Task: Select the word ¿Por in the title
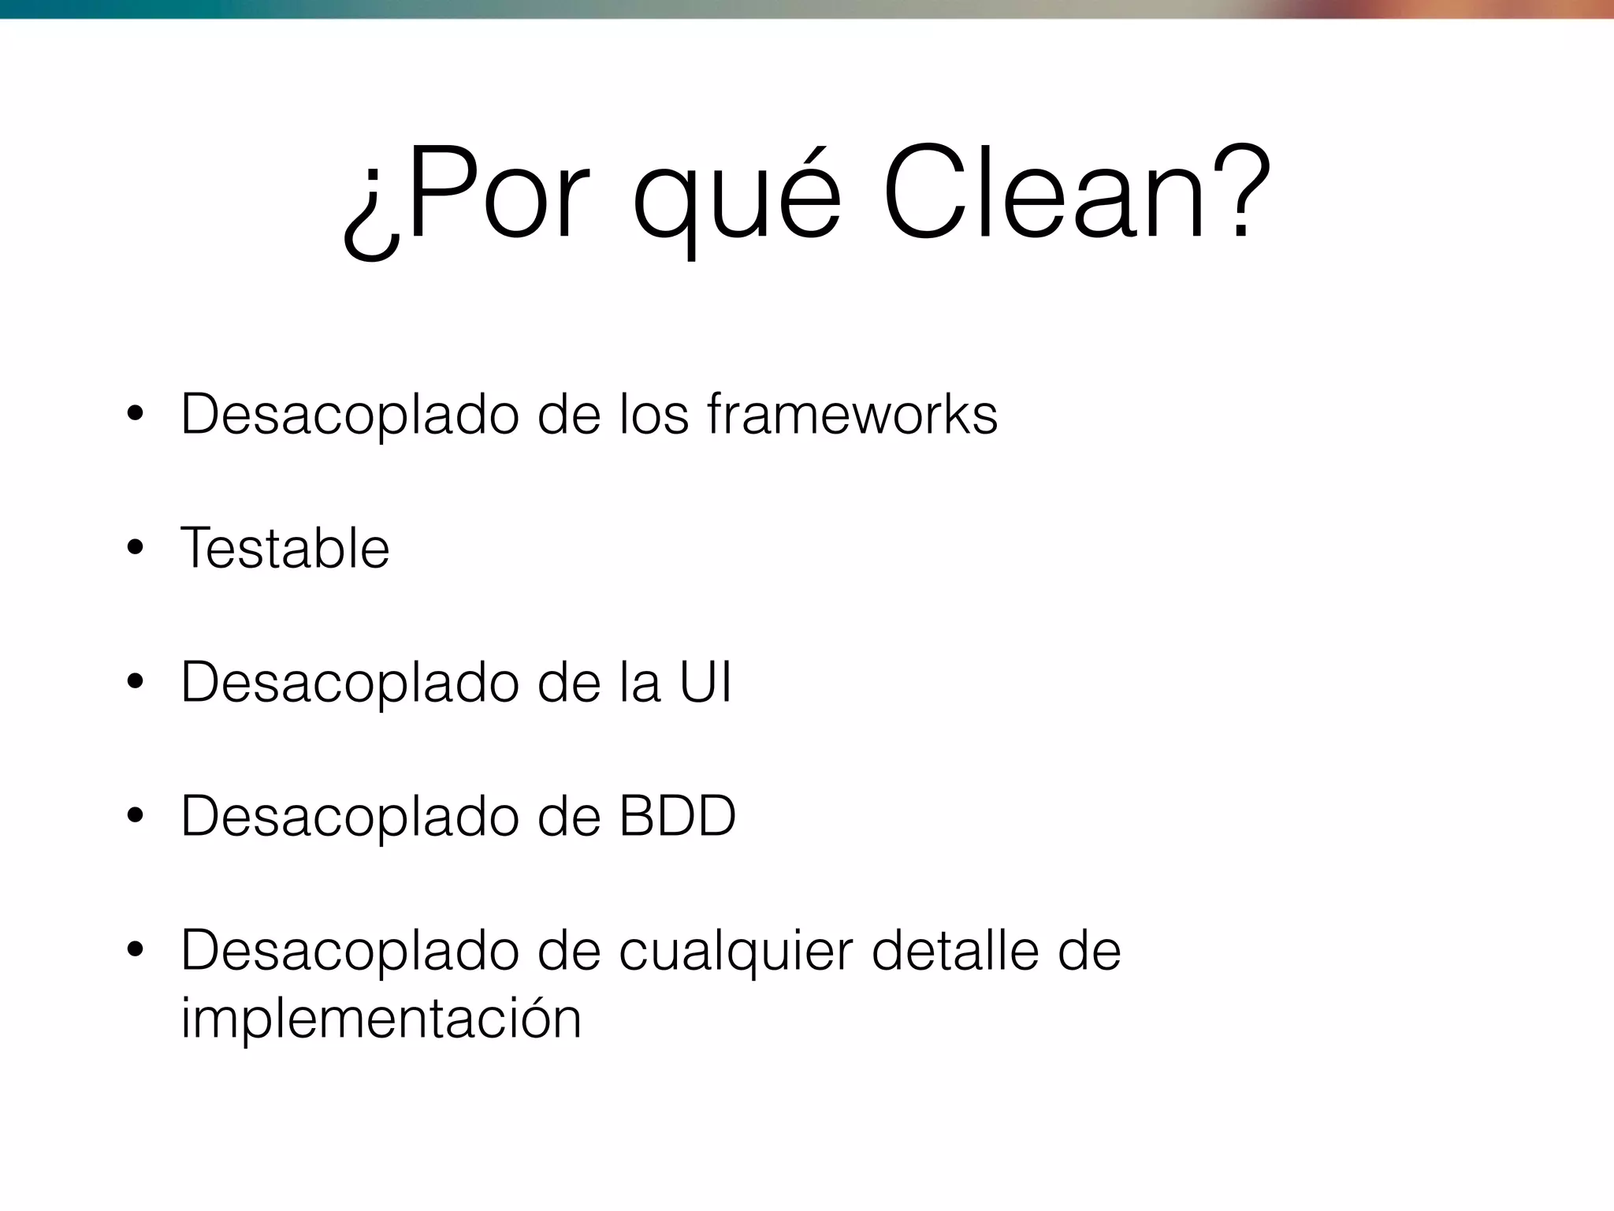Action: click(466, 197)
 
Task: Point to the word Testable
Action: click(285, 548)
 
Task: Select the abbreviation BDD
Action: click(677, 816)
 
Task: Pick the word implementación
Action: click(381, 1019)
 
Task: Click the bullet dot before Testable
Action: click(136, 549)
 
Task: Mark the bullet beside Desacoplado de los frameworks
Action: click(136, 415)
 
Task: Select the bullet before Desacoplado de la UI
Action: click(136, 683)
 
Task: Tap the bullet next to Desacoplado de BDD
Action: click(136, 817)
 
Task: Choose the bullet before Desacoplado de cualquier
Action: click(136, 951)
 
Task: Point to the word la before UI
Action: click(639, 682)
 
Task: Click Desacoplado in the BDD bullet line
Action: click(350, 818)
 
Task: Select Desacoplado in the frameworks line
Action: click(350, 415)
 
